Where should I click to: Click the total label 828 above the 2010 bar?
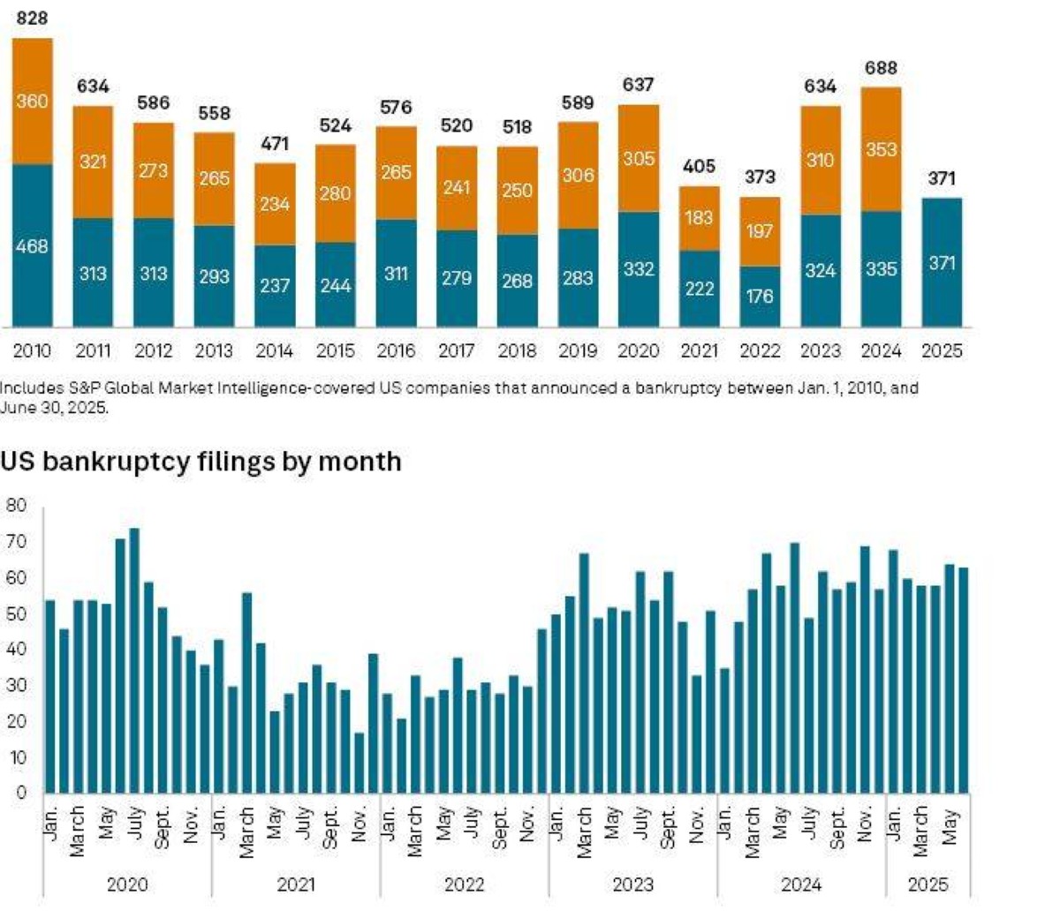click(32, 18)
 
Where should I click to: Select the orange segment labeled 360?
click(32, 102)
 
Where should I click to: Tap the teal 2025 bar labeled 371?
click(942, 262)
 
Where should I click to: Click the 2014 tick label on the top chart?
click(274, 351)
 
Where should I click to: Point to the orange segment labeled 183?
click(699, 218)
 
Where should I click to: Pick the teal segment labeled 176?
click(760, 296)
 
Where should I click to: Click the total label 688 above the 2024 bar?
click(881, 68)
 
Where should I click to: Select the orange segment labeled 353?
click(881, 149)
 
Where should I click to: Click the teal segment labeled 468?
click(32, 245)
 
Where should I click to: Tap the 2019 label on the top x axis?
click(577, 351)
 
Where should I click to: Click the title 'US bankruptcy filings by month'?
click(201, 462)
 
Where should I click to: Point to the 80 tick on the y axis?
click(16, 506)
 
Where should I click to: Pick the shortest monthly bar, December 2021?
click(359, 763)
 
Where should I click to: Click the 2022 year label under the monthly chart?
click(465, 884)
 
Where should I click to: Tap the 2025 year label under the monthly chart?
click(927, 884)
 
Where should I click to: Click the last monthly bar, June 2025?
click(964, 680)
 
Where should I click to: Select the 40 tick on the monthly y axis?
click(16, 650)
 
